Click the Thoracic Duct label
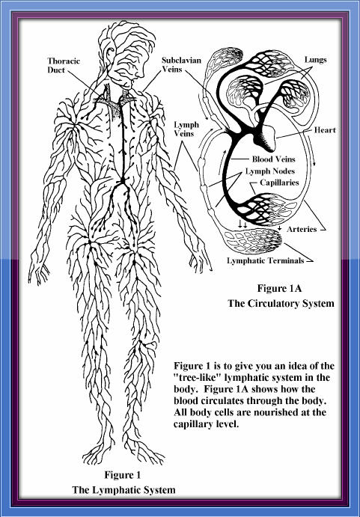tap(64, 65)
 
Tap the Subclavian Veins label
tap(181, 64)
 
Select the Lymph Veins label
tap(186, 129)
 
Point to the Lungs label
tap(315, 60)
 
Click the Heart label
tap(325, 130)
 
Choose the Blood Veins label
tap(273, 159)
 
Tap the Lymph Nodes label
tap(270, 171)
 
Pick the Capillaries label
tap(279, 183)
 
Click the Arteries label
tap(302, 229)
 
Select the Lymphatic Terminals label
tap(265, 260)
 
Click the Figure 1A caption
tap(279, 288)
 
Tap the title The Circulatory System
tap(281, 303)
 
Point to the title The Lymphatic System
tap(123, 489)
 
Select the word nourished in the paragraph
tap(276, 412)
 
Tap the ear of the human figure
tap(110, 53)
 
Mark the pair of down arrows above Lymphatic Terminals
tap(242, 224)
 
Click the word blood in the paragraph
tap(186, 400)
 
